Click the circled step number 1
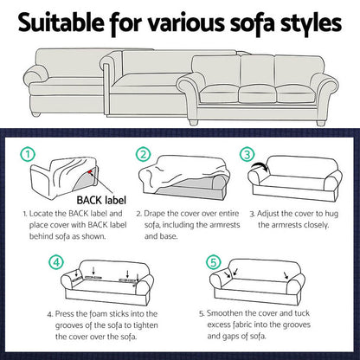(x=30, y=157)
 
